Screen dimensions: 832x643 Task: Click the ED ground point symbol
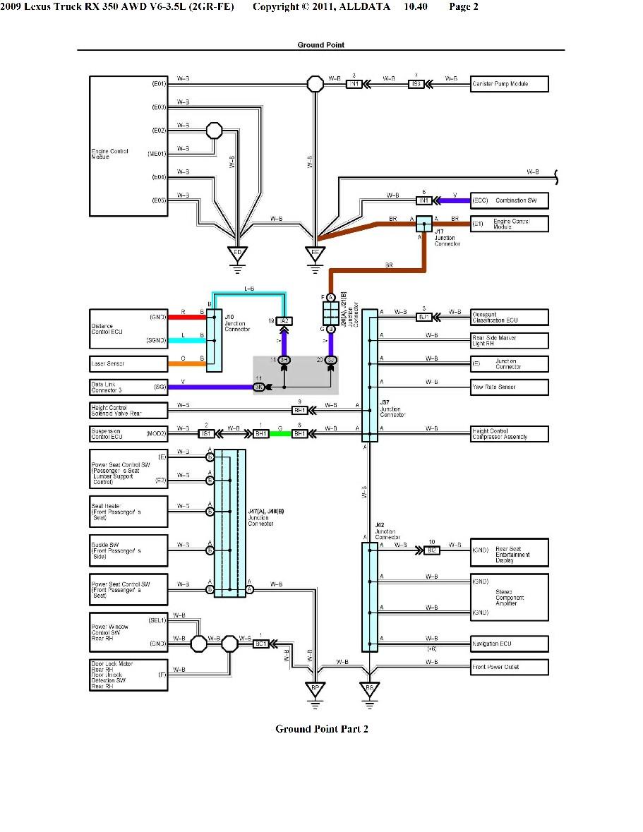click(x=237, y=253)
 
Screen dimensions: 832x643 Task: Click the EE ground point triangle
click(x=316, y=253)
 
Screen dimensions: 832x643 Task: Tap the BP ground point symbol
click(x=316, y=687)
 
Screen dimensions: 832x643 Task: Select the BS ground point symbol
click(x=368, y=687)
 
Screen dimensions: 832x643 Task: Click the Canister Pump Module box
click(x=510, y=84)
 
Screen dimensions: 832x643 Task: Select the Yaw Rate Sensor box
click(x=510, y=387)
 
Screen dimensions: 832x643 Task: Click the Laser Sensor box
click(x=128, y=364)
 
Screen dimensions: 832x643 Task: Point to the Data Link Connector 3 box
click(x=128, y=387)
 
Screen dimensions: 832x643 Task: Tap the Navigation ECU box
click(x=510, y=644)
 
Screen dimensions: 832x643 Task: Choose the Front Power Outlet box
click(x=510, y=667)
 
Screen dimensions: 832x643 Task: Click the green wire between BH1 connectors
click(x=281, y=433)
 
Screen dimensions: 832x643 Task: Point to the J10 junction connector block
click(x=214, y=340)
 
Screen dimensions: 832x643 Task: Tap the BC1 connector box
click(x=260, y=644)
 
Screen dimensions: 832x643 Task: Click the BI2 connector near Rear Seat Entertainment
click(x=432, y=550)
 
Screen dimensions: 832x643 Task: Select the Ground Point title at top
click(x=320, y=44)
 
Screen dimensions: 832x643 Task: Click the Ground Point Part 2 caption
click(x=321, y=729)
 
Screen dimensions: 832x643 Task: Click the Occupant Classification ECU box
click(x=510, y=317)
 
